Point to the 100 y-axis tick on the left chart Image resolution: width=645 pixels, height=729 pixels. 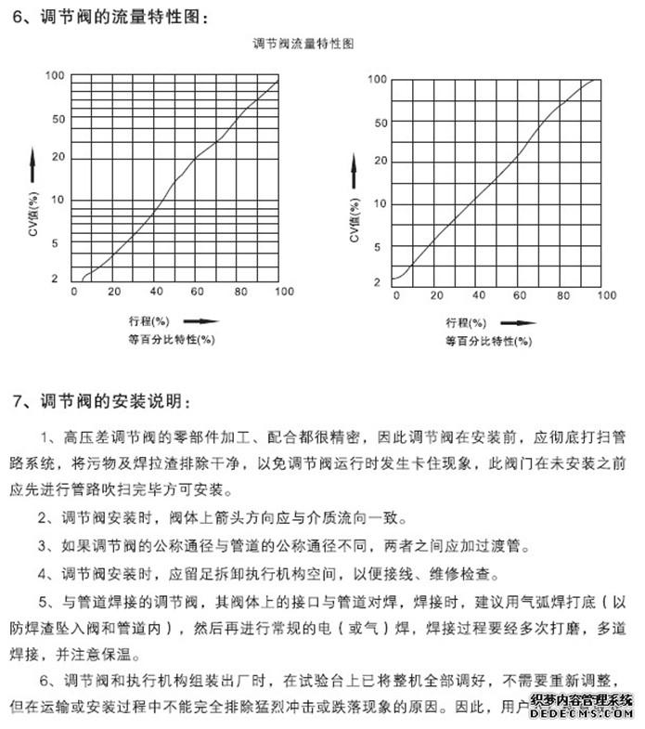tap(55, 76)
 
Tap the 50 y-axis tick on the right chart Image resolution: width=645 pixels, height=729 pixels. tap(379, 123)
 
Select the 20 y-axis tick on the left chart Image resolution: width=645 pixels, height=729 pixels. tap(58, 157)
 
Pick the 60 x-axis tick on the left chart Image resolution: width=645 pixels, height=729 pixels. tap(199, 293)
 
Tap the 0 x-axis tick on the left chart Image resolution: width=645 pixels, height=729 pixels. tap(74, 293)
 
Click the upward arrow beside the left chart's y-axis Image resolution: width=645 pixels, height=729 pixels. tap(32, 164)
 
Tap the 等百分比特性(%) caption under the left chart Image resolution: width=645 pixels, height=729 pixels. tap(172, 339)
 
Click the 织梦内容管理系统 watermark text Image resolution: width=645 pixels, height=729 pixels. tap(581, 699)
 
